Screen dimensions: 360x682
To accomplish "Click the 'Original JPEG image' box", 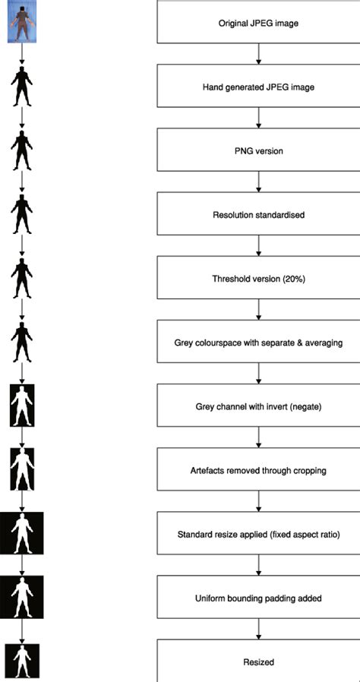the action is [x=259, y=22].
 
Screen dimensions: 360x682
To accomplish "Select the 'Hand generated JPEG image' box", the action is [x=259, y=86].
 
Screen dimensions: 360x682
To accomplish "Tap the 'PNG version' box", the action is [x=259, y=150].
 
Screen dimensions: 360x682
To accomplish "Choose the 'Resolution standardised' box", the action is [x=259, y=213].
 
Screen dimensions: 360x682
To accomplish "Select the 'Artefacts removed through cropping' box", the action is [x=259, y=469].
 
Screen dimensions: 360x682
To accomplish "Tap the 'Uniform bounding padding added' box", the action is [x=259, y=597].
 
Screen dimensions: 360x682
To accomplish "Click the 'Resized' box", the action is [x=259, y=661].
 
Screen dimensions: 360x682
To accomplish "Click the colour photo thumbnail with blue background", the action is [x=22, y=21].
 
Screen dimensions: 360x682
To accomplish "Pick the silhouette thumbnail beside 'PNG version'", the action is [x=22, y=150].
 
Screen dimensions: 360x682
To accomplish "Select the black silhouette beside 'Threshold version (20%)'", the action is [x=22, y=277].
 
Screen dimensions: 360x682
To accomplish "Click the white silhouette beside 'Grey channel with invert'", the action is [x=22, y=406].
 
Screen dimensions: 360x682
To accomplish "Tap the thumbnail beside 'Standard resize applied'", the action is [x=22, y=533].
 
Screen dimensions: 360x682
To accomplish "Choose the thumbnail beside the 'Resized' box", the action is [x=22, y=661].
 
